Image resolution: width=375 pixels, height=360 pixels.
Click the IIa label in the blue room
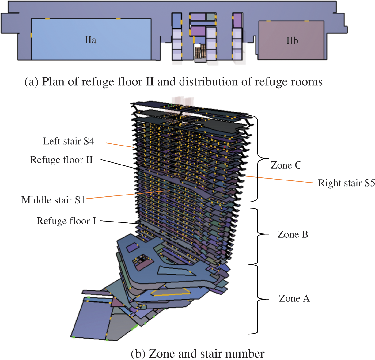point(90,40)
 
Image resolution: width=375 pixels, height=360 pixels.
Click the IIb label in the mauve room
point(292,41)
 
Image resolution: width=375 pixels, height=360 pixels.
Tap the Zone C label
point(286,165)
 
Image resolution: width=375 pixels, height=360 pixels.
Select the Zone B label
point(293,234)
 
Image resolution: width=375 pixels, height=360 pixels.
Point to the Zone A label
point(294,298)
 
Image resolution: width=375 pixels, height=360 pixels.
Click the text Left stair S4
point(69,141)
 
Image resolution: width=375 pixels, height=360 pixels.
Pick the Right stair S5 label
point(346,183)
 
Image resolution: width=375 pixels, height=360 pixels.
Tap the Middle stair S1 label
point(53,200)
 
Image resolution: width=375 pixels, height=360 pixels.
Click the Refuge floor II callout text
point(61,160)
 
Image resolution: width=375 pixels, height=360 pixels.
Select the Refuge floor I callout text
point(66,221)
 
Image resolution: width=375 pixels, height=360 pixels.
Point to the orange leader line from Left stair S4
point(119,145)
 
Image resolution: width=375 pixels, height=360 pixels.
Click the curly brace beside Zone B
point(258,235)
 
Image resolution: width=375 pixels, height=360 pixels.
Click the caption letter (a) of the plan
point(31,82)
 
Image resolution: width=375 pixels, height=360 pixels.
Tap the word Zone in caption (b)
point(162,354)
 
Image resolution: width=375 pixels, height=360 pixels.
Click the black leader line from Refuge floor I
point(119,222)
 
